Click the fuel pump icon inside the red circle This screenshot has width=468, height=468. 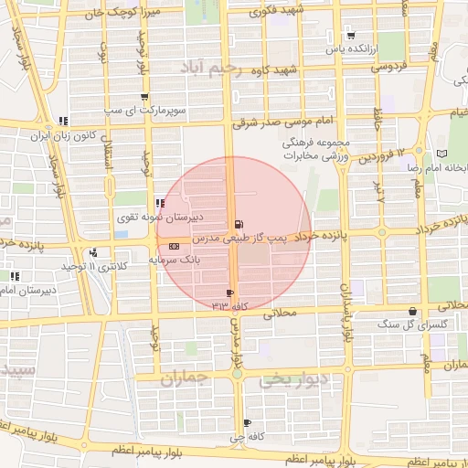click(x=239, y=224)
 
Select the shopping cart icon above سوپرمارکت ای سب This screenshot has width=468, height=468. click(x=144, y=97)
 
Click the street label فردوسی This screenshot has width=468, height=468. click(x=387, y=67)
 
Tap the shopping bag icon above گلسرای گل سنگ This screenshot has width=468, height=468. click(x=413, y=312)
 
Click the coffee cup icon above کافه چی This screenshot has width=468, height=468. click(x=248, y=422)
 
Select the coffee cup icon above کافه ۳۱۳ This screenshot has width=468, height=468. click(x=229, y=293)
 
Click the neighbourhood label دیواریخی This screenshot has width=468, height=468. click(x=291, y=380)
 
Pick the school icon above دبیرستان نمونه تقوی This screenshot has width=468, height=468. click(x=160, y=204)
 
